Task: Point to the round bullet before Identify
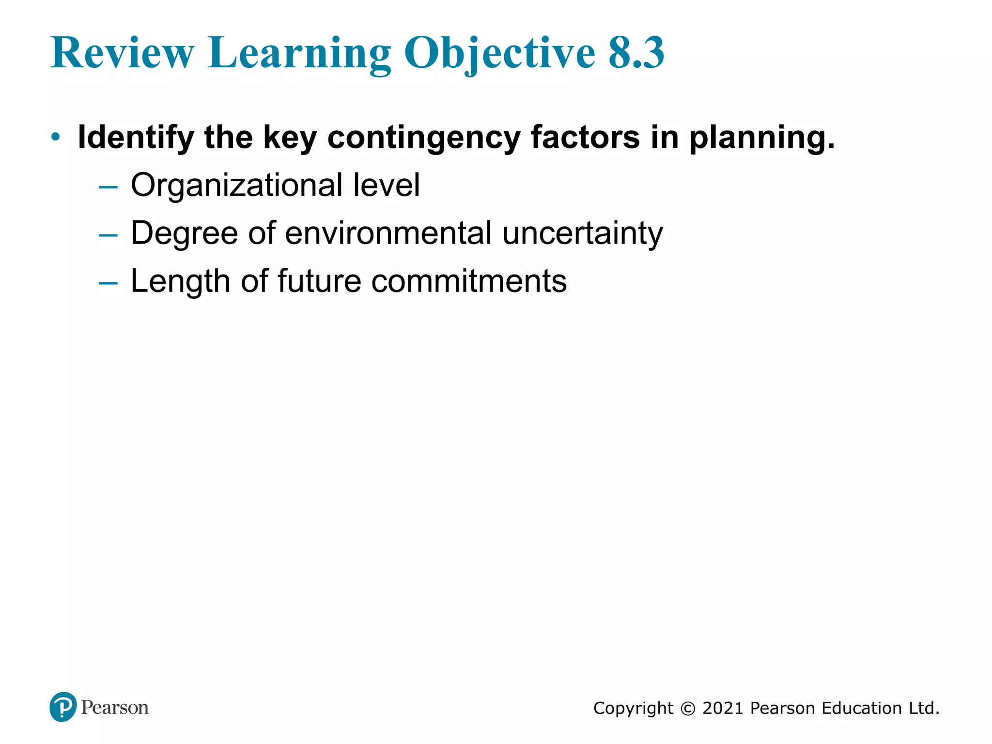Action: click(x=56, y=137)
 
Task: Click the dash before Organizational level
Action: click(x=108, y=186)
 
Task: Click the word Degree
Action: click(x=184, y=234)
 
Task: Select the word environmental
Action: click(x=388, y=233)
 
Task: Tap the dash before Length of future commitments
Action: click(x=108, y=282)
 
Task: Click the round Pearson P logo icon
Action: click(x=63, y=707)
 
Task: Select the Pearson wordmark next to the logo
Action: click(x=115, y=708)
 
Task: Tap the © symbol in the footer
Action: click(x=688, y=709)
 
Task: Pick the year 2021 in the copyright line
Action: click(x=722, y=708)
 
